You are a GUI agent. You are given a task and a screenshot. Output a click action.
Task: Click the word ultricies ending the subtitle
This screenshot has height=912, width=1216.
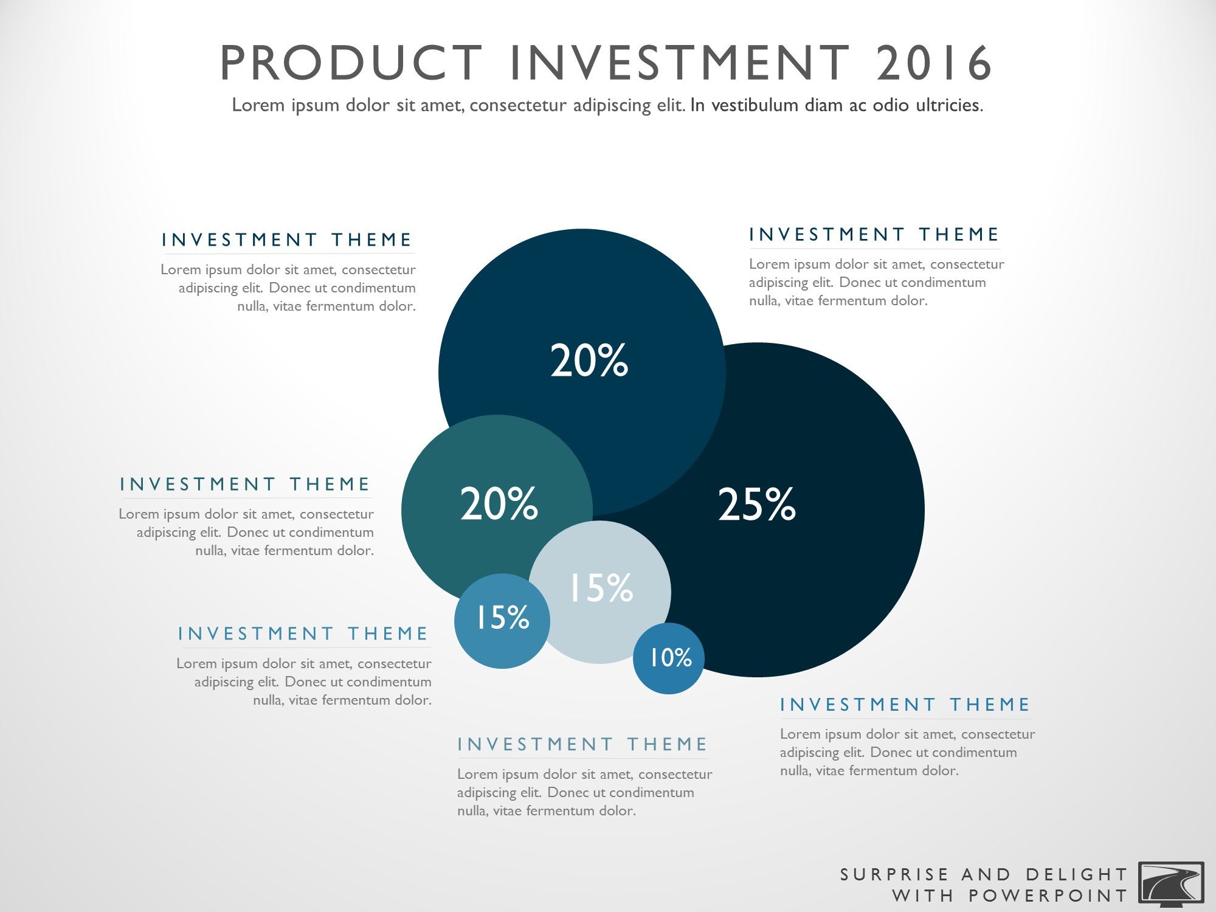point(949,105)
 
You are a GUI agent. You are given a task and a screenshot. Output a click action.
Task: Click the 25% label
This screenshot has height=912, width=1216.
point(756,504)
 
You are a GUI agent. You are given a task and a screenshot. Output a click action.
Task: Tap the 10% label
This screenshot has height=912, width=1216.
point(670,657)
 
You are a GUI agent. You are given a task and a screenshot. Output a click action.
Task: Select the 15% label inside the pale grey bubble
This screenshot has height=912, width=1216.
point(601,588)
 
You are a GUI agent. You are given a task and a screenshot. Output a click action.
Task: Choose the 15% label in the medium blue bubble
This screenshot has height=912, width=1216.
point(502,617)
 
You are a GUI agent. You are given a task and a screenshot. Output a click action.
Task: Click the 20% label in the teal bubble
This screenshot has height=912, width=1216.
point(499,503)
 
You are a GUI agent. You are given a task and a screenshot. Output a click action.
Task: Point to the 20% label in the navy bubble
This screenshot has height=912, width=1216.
point(589,360)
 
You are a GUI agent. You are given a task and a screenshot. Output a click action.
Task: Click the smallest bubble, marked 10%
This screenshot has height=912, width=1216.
point(669,658)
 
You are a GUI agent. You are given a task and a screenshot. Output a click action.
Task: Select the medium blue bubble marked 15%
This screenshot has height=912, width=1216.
point(502,621)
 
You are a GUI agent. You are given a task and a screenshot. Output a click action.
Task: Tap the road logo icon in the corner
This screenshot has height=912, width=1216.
point(1171,882)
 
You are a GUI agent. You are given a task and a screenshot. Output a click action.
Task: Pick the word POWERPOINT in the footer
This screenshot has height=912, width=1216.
point(1048,896)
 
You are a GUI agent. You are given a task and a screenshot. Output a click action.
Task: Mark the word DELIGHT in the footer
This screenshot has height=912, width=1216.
point(1076,874)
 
